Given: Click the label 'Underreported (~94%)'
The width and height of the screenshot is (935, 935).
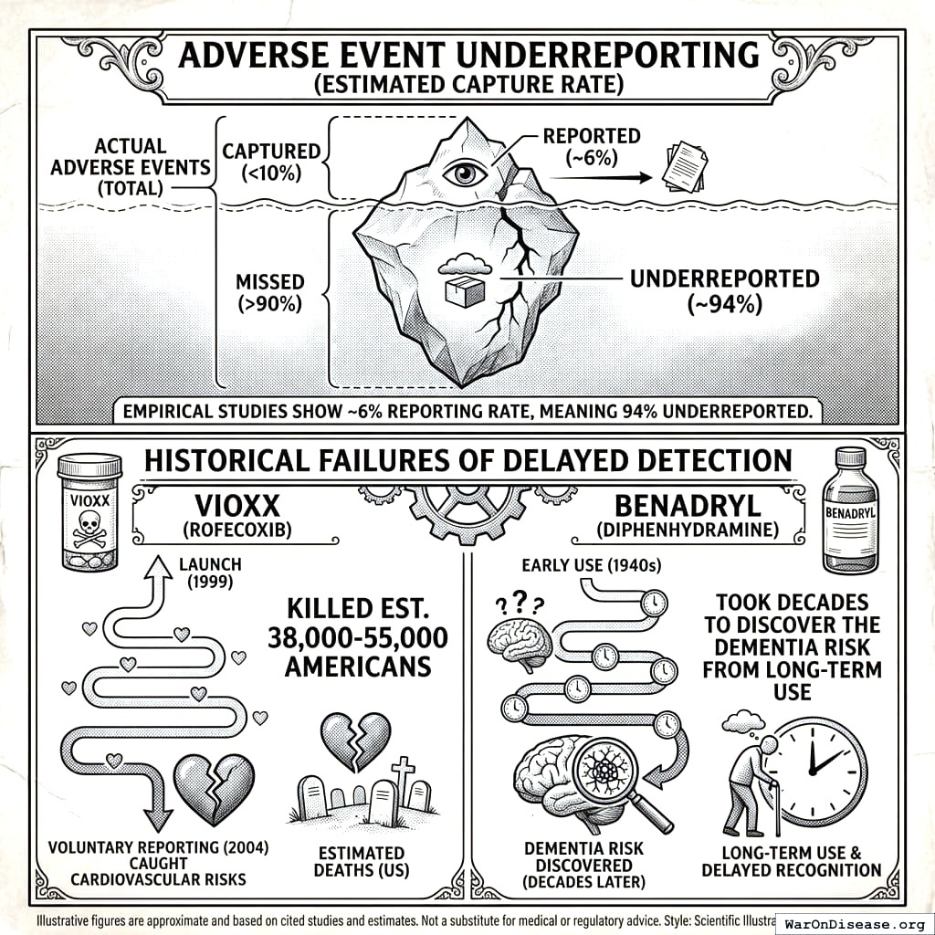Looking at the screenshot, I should coord(724,291).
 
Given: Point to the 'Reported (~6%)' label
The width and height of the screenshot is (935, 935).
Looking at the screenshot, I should coord(592,146).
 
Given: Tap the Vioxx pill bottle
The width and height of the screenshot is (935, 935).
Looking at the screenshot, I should coord(89,514).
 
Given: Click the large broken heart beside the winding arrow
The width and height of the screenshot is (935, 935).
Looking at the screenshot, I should coord(213,787).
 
